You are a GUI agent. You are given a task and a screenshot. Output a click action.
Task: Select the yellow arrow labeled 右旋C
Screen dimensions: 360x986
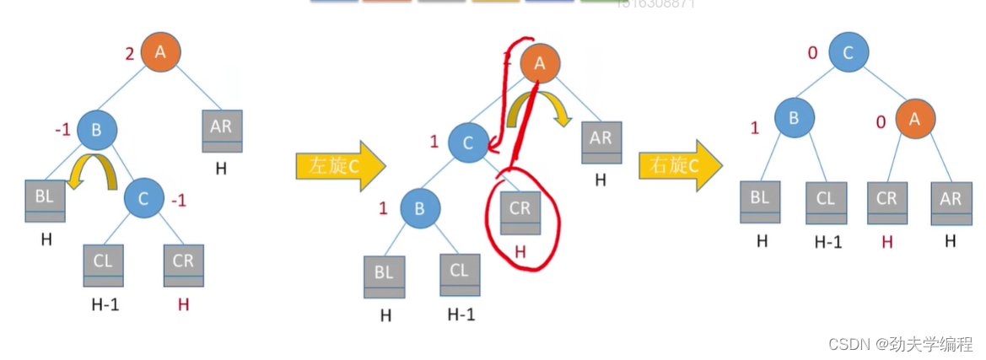click(680, 165)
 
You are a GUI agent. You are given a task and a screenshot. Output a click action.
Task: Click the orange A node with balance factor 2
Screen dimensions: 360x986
click(160, 52)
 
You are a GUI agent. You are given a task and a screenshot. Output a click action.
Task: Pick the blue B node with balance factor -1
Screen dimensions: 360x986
click(96, 130)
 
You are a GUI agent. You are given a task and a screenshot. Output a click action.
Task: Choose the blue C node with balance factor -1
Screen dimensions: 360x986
click(143, 199)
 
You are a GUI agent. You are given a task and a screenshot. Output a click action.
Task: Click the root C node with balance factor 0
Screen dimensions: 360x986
click(849, 52)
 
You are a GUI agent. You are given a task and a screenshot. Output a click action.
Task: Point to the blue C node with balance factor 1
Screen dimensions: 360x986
click(468, 142)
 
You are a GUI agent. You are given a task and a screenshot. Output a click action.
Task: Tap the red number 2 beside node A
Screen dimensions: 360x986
click(129, 55)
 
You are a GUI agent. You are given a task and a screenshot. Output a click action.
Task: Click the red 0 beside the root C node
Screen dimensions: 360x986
click(813, 54)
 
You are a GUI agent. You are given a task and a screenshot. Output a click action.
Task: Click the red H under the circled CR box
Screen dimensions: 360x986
click(520, 250)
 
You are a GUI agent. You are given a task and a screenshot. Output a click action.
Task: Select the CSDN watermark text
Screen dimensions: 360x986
click(897, 344)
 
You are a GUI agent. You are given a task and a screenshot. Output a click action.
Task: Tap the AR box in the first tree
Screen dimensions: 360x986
click(221, 131)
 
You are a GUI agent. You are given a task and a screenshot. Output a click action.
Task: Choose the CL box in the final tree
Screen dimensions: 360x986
click(826, 203)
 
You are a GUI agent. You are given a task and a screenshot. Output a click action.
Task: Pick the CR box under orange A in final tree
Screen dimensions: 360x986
click(886, 203)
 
